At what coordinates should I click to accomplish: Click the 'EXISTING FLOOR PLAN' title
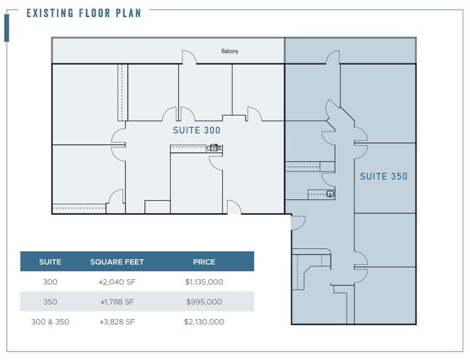(83, 13)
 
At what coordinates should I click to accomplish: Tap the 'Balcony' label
(230, 51)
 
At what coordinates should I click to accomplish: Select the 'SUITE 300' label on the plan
(196, 130)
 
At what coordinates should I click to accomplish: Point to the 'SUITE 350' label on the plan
(383, 176)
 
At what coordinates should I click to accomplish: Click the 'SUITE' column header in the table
(50, 262)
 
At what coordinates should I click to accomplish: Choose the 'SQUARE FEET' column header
(117, 262)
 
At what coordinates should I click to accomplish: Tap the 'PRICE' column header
(204, 262)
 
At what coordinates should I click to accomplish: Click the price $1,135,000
(203, 282)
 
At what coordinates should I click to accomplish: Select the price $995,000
(203, 302)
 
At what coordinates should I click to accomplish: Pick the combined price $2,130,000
(203, 321)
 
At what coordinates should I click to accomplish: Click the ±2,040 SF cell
(117, 282)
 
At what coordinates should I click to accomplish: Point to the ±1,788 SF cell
(117, 302)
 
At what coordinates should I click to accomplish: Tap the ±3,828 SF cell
(117, 321)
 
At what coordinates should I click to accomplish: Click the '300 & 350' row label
(50, 321)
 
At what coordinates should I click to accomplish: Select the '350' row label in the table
(50, 302)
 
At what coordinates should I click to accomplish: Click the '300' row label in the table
(50, 282)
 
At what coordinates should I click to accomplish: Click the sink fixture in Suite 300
(215, 148)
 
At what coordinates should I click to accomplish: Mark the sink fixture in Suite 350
(330, 195)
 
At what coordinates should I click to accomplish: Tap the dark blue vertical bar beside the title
(7, 28)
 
